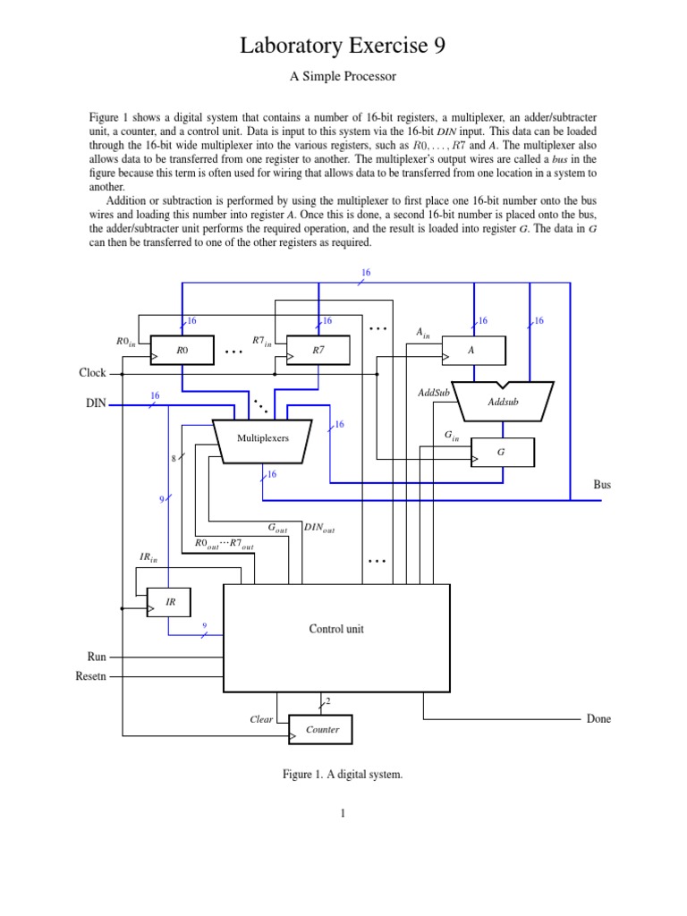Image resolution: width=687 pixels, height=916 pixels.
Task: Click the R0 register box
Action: click(x=183, y=351)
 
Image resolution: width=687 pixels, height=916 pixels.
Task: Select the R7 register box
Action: click(x=318, y=351)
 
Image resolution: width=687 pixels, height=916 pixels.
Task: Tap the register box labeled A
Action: click(x=473, y=351)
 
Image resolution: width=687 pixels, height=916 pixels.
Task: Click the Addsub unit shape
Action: click(x=503, y=402)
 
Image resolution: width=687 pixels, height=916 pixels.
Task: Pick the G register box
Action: click(x=502, y=453)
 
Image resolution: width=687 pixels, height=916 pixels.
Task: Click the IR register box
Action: click(x=171, y=603)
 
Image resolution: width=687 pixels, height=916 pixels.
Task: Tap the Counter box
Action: click(x=321, y=730)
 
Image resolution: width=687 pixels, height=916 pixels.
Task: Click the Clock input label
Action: click(x=92, y=373)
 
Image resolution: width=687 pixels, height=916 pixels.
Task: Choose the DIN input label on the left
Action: click(x=96, y=403)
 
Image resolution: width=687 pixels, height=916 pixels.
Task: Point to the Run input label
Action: click(x=97, y=657)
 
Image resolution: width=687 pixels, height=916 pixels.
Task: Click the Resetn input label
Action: click(x=91, y=676)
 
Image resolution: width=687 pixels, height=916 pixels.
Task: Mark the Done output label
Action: click(x=598, y=719)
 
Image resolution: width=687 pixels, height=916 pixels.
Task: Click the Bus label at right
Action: click(x=602, y=485)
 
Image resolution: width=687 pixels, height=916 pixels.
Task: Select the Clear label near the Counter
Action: click(x=261, y=719)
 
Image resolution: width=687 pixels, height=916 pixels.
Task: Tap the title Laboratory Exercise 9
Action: click(x=343, y=47)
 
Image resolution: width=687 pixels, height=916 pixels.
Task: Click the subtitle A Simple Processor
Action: click(x=343, y=77)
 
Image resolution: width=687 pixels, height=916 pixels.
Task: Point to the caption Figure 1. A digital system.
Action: click(x=343, y=775)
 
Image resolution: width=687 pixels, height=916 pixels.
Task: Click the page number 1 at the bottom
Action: click(x=343, y=813)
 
